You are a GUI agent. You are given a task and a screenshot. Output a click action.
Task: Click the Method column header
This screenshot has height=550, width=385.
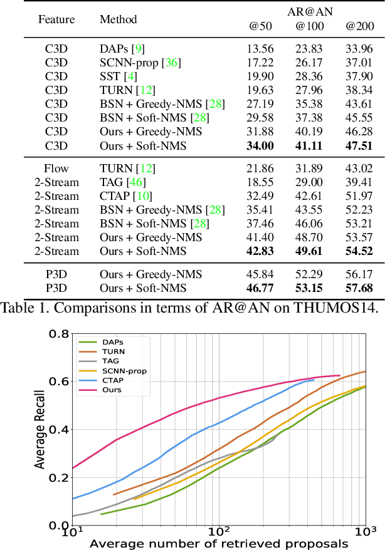tap(118, 19)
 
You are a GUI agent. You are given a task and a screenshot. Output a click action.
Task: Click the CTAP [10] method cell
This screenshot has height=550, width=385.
tap(125, 196)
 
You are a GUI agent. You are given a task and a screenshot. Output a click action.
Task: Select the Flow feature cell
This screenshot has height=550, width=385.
tap(56, 169)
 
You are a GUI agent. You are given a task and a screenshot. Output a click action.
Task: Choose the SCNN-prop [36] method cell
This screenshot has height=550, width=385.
tap(139, 63)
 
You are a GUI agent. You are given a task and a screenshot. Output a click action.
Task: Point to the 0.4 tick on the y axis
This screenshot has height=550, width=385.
tap(59, 430)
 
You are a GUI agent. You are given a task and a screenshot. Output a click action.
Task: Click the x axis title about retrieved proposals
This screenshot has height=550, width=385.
tap(218, 543)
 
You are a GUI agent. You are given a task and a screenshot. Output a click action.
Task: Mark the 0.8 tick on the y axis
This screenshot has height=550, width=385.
tap(59, 334)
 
